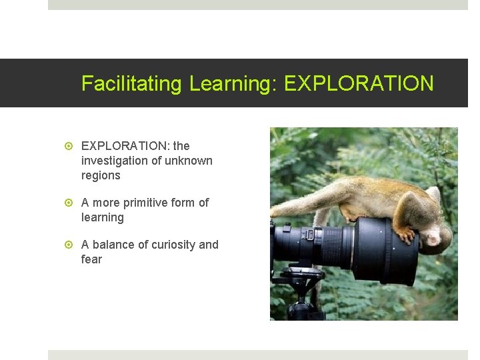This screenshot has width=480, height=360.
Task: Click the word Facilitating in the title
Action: (x=131, y=84)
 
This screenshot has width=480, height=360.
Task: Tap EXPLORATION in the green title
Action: (x=359, y=84)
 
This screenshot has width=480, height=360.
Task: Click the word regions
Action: (x=101, y=175)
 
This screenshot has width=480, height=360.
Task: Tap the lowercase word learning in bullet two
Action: (x=103, y=217)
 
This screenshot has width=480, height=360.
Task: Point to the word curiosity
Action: (x=177, y=245)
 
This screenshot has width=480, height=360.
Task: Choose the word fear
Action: (x=91, y=259)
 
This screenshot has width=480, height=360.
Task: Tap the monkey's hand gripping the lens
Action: (x=405, y=233)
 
